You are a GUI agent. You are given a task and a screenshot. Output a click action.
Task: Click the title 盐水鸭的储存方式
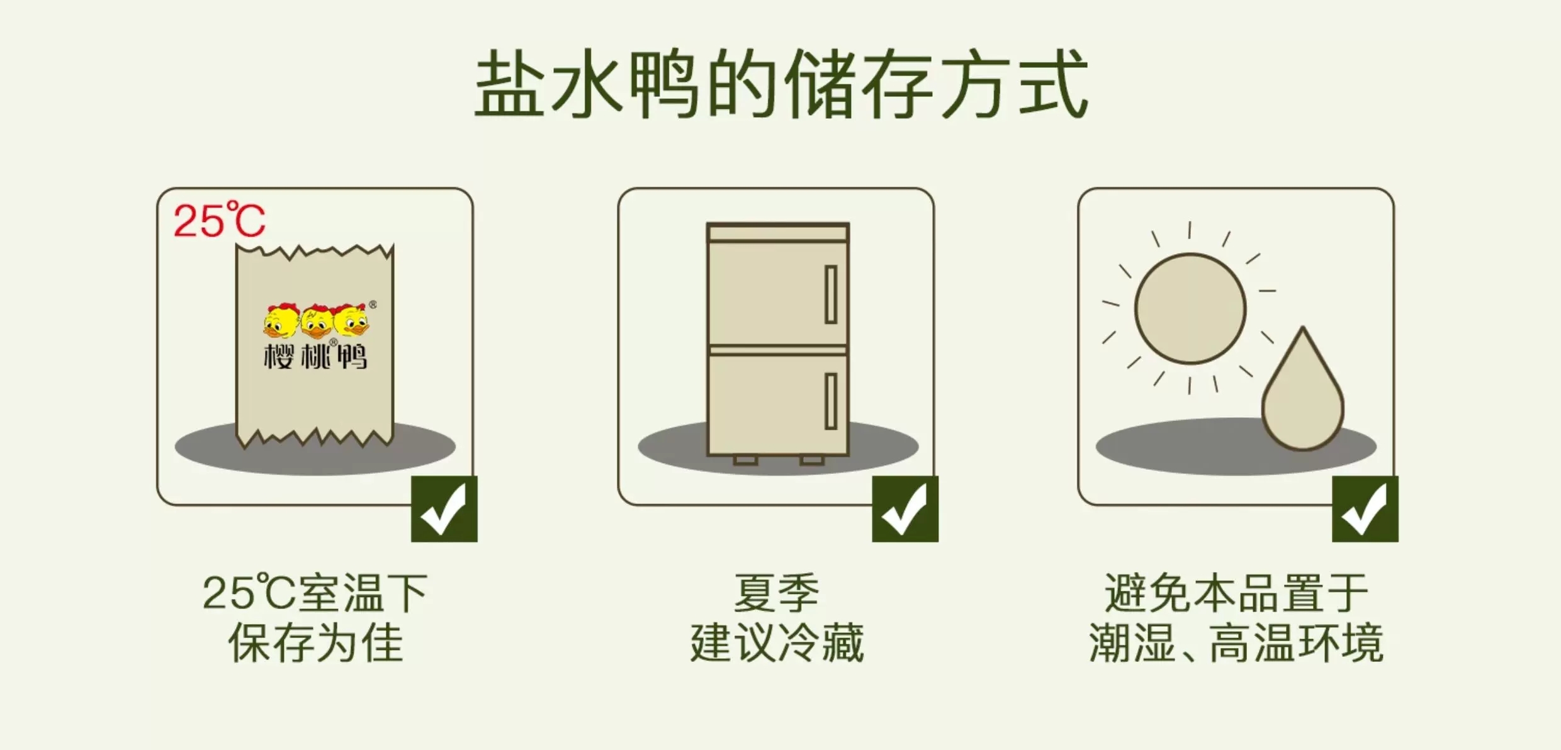pos(781,84)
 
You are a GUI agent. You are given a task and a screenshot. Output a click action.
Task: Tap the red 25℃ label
pos(219,220)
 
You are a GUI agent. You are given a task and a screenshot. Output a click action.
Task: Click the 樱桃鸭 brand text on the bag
pos(315,355)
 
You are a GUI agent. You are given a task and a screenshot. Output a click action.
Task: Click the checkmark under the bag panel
pos(444,509)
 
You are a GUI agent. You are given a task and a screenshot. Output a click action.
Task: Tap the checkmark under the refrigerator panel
pos(905,509)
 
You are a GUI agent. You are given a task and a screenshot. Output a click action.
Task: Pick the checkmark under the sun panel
pos(1365,509)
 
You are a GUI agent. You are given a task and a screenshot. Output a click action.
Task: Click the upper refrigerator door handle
pos(831,294)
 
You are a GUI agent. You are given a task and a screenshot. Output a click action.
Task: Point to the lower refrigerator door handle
pos(831,401)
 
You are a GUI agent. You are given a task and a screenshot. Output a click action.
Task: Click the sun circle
pos(1190,308)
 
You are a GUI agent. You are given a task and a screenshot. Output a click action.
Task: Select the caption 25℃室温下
pos(315,593)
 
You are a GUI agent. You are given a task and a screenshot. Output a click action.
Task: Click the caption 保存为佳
pos(315,642)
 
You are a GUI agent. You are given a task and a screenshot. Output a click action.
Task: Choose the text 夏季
pos(777,593)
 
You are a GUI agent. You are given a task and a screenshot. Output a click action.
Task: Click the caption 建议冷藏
pos(777,642)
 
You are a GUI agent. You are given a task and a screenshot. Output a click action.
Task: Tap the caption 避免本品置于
pos(1236,593)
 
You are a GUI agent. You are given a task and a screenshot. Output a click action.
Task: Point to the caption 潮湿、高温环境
pos(1236,642)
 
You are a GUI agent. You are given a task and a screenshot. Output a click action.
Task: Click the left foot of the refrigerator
pos(746,461)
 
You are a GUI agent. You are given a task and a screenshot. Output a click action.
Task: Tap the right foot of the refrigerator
pos(812,461)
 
